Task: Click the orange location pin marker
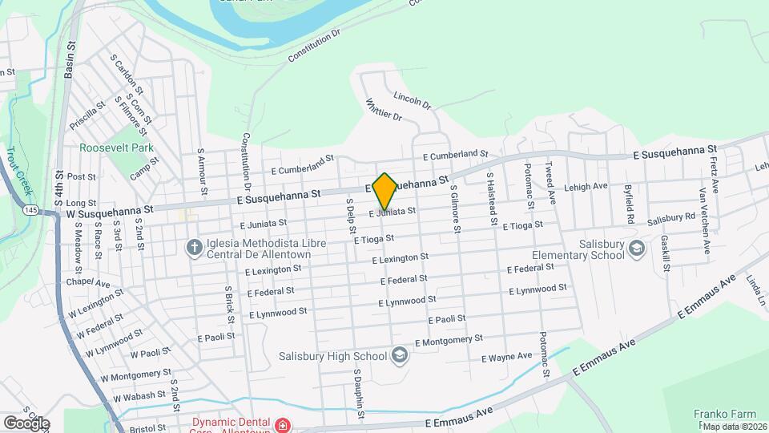pos(384,191)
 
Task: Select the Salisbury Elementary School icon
pos(637,249)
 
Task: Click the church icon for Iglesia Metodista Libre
pos(193,247)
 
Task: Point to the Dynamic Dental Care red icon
pos(281,423)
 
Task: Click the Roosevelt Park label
pos(116,148)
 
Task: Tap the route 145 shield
pos(30,210)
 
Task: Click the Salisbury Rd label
pos(671,217)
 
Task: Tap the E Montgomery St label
pos(452,340)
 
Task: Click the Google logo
pos(26,423)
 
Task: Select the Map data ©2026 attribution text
pos(735,427)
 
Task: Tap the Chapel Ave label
pos(88,283)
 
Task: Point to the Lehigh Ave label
pos(586,186)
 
